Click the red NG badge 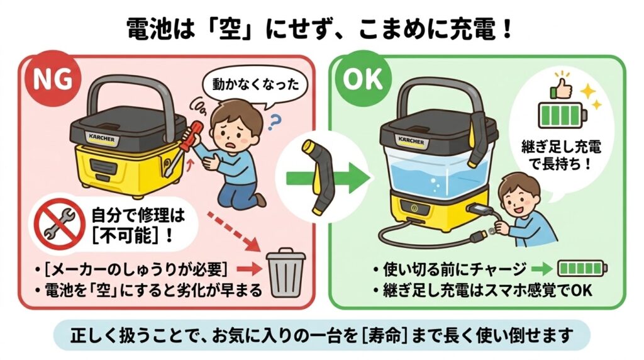coord(52,78)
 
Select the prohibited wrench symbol coord(59,225)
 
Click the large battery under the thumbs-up coord(562,115)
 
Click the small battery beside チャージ coord(582,269)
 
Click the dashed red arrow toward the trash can coord(234,232)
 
